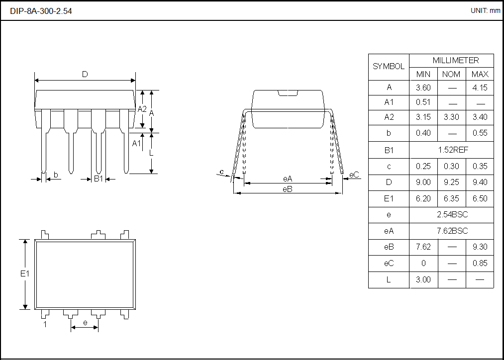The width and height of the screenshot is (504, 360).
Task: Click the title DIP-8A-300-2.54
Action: pyautogui.click(x=41, y=11)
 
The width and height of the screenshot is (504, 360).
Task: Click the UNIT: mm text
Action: pyautogui.click(x=485, y=10)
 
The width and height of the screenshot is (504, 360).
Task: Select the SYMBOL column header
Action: pyautogui.click(x=389, y=67)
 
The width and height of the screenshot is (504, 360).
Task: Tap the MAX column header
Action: pyautogui.click(x=480, y=74)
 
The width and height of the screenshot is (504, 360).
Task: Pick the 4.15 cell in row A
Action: pyautogui.click(x=480, y=88)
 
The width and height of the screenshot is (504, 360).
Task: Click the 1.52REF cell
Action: pyautogui.click(x=451, y=150)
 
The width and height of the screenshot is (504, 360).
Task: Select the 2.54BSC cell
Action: pyautogui.click(x=451, y=215)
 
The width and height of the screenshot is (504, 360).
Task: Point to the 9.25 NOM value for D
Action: pyautogui.click(x=451, y=182)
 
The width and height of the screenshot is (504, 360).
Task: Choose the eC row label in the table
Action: pyautogui.click(x=389, y=263)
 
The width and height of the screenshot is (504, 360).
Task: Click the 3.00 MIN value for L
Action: pyautogui.click(x=423, y=279)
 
